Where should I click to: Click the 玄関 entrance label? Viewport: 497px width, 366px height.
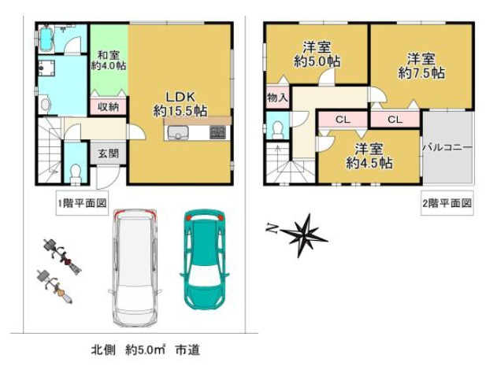coord(109,153)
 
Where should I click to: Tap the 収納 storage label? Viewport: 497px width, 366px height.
coord(109,106)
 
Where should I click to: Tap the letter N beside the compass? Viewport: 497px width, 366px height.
coord(271,230)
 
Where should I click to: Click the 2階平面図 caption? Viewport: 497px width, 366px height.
coord(447,202)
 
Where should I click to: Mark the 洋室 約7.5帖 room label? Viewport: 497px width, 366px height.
coord(421,65)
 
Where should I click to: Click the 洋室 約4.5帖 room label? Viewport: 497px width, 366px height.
coord(369,156)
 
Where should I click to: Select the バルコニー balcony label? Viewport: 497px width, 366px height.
coord(447,146)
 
